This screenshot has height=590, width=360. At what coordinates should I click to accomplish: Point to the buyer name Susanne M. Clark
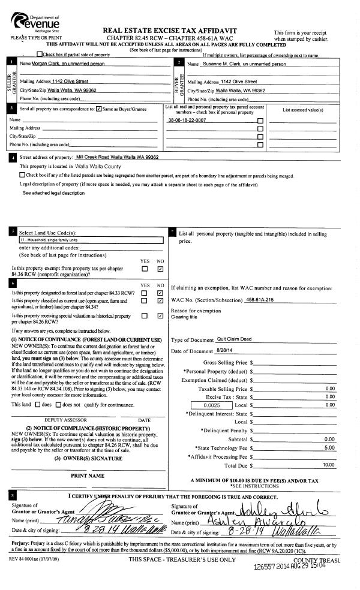coord(237,64)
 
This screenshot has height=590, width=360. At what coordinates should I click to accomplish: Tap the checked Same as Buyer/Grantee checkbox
coord(99,110)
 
